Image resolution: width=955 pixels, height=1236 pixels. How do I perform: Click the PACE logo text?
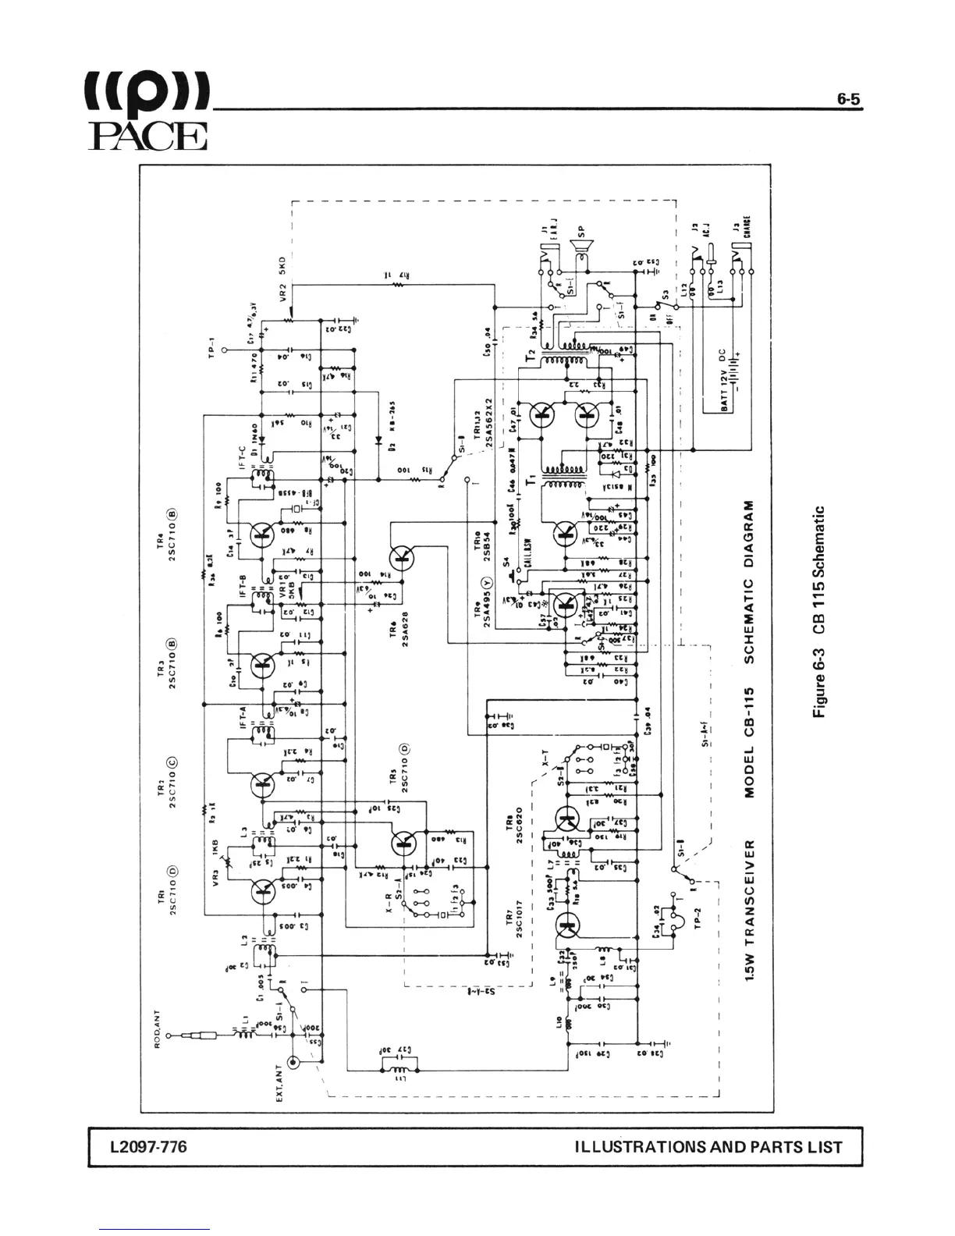(148, 136)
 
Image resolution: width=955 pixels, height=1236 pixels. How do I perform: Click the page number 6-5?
(849, 99)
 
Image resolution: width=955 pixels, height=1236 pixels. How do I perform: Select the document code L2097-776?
(148, 1146)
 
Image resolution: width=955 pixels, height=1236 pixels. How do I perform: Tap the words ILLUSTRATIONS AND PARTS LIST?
(708, 1147)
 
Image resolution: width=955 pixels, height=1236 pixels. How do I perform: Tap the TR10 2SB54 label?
(481, 544)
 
